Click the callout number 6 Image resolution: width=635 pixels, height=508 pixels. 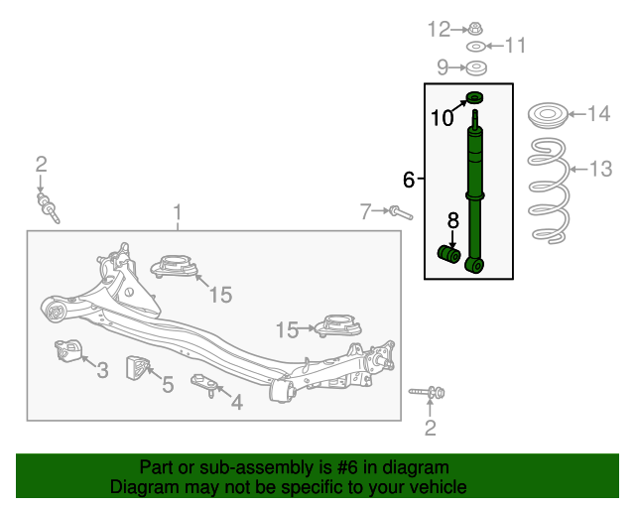click(x=409, y=179)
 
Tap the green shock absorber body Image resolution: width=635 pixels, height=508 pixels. click(x=475, y=190)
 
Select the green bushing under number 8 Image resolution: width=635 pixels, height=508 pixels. click(x=449, y=254)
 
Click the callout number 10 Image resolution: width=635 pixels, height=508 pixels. click(x=442, y=118)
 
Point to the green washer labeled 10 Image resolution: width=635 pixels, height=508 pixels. click(x=475, y=97)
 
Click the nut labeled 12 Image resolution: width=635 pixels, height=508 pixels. click(x=475, y=29)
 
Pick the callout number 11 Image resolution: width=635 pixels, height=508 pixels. click(x=515, y=45)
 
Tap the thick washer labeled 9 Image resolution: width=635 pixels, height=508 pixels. click(x=476, y=67)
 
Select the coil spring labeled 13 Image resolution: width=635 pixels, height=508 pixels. click(x=549, y=190)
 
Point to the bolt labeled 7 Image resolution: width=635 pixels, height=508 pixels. click(x=401, y=212)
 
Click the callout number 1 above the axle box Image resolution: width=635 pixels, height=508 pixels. click(x=178, y=213)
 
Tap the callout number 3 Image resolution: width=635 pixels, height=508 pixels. click(x=102, y=370)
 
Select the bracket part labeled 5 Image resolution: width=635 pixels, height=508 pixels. click(x=137, y=368)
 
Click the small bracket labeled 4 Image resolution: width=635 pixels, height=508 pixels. click(x=204, y=385)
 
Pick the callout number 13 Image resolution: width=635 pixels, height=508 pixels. click(x=601, y=169)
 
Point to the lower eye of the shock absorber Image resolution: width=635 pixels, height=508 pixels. click(x=475, y=265)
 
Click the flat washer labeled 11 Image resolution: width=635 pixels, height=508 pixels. click(x=476, y=47)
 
